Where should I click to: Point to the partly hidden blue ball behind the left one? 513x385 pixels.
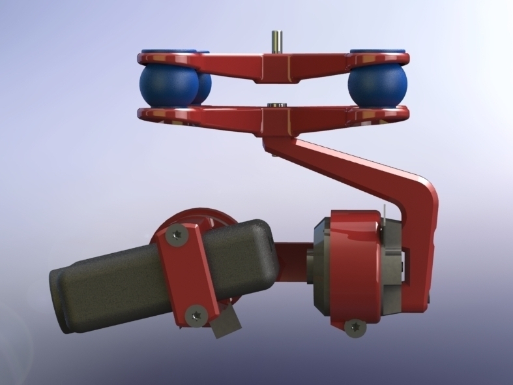coord(204,87)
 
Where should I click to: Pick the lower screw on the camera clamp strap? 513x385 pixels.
coord(194,316)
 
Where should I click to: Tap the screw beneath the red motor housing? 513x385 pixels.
coord(355,327)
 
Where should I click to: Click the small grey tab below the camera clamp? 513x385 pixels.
coord(226,324)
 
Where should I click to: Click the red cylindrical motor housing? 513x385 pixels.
coord(352,261)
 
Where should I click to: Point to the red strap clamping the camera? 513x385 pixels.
coord(186,274)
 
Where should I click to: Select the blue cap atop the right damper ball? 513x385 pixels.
coord(378,51)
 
